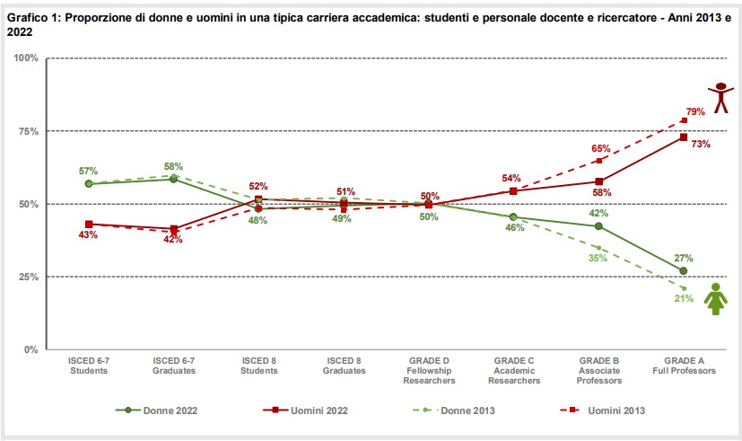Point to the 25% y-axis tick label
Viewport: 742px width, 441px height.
tap(27, 277)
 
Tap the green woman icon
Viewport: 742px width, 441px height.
tap(715, 299)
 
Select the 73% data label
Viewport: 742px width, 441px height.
tap(701, 143)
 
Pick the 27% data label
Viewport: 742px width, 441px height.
tap(683, 258)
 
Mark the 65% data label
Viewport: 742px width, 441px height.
tap(601, 149)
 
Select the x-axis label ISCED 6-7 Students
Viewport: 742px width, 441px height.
tap(89, 366)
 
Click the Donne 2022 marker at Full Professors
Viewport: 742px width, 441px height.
tap(684, 270)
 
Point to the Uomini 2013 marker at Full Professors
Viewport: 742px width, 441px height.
tap(684, 120)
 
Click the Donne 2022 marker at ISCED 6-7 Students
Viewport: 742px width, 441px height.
tap(89, 183)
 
